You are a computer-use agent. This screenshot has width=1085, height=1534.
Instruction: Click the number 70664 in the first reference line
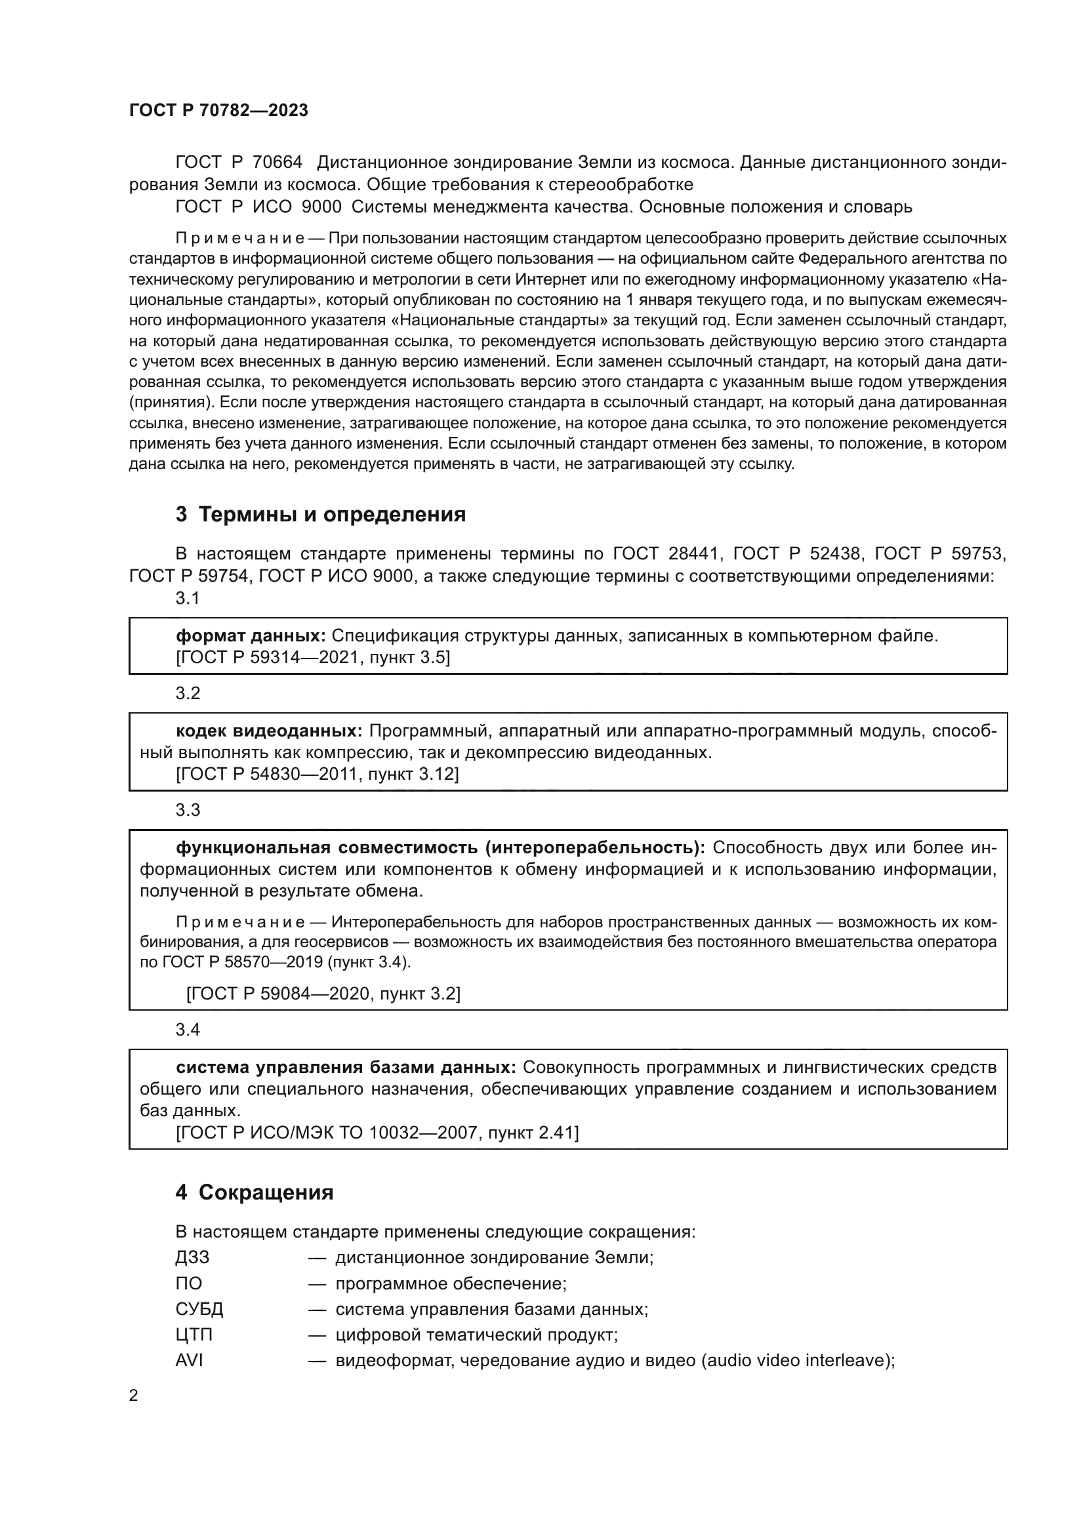click(x=277, y=163)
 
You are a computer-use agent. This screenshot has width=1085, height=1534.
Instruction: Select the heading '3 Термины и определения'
click(x=321, y=514)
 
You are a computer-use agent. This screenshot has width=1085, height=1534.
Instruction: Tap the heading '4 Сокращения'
click(x=255, y=1192)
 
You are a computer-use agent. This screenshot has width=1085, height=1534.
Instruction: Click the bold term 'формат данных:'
click(x=251, y=636)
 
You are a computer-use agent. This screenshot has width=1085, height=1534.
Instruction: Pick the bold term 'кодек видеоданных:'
click(x=268, y=731)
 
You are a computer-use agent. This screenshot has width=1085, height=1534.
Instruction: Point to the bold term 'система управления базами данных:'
click(x=346, y=1067)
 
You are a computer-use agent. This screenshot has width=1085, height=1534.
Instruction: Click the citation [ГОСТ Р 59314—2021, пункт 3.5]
click(x=313, y=657)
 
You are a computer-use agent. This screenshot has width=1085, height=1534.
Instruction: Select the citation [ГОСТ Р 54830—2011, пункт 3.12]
click(x=317, y=775)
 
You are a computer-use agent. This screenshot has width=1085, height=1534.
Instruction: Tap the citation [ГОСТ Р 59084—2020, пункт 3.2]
click(x=323, y=994)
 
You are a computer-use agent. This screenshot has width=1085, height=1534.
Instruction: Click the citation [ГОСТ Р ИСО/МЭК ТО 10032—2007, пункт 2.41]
click(x=377, y=1133)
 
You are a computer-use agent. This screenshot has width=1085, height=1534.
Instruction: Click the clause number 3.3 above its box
click(x=188, y=811)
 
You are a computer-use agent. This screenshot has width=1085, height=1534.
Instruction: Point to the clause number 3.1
click(x=188, y=598)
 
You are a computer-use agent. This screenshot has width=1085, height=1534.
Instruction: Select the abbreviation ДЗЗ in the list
click(x=192, y=1257)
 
